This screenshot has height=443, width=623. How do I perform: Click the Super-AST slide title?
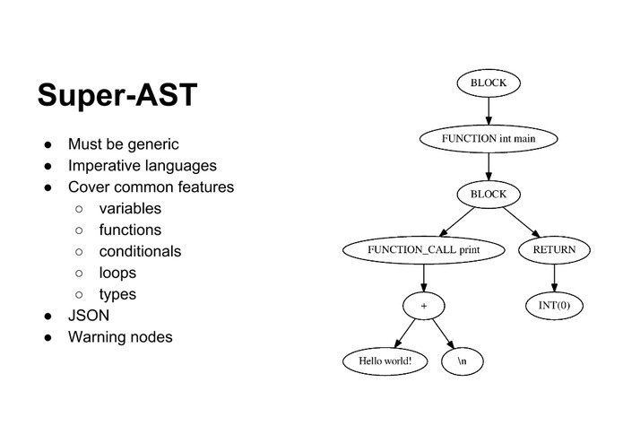[x=117, y=95]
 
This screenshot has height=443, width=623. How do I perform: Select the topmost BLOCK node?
[x=489, y=83]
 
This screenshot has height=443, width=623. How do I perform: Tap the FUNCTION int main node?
[x=489, y=139]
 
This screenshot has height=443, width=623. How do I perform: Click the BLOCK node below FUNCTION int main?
[x=489, y=195]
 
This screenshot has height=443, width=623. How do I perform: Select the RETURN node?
[x=555, y=250]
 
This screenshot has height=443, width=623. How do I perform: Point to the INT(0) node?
[x=555, y=306]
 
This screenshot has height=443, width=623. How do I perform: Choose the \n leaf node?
[x=463, y=361]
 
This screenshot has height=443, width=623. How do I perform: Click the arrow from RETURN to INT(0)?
[x=555, y=278]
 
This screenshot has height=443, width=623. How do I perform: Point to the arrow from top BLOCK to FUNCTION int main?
[x=489, y=111]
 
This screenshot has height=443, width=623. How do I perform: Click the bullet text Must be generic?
[x=123, y=144]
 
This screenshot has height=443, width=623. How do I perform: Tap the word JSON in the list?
[x=87, y=316]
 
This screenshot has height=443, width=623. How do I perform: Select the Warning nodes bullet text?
[x=120, y=337]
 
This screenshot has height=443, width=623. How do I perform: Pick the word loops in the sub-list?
[x=117, y=273]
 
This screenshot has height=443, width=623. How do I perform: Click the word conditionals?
[x=140, y=251]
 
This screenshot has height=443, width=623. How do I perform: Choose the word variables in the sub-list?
[x=130, y=209]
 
